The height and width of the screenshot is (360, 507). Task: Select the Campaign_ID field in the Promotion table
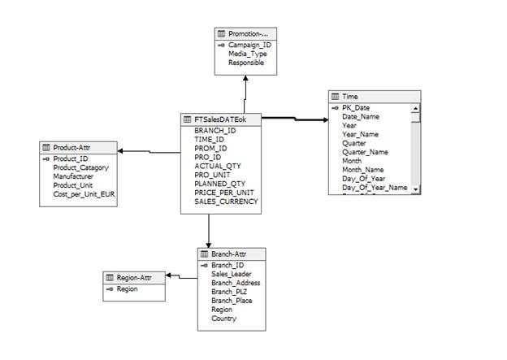[249, 45]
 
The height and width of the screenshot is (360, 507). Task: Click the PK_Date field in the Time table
[354, 108]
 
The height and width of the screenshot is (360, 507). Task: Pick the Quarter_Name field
[365, 152]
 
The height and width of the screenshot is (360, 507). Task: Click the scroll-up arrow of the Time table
[416, 108]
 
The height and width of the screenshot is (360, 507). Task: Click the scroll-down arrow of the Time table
[416, 189]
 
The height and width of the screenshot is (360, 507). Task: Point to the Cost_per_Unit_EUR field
[86, 194]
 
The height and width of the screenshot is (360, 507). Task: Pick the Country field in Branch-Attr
[224, 319]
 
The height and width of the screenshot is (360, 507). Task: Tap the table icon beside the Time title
[335, 96]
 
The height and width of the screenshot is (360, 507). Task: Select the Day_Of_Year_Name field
[375, 188]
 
